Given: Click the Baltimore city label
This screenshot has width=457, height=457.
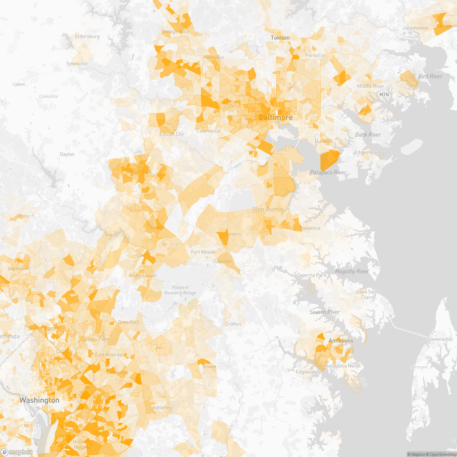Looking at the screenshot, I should (x=276, y=117).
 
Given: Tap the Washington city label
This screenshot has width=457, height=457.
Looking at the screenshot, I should (x=39, y=400).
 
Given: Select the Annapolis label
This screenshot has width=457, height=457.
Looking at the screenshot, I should (x=341, y=340).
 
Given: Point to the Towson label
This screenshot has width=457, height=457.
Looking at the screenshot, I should (x=280, y=38).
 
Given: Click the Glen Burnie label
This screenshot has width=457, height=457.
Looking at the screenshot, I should (x=268, y=209).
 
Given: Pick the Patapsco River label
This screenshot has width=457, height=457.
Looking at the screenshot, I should (x=328, y=173).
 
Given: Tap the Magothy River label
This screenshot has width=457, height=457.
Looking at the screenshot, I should (x=352, y=272).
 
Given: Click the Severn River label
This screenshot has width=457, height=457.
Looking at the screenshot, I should (x=324, y=312).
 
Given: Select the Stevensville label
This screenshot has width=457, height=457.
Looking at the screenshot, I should (x=440, y=339).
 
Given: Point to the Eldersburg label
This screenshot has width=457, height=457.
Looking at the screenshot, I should (x=87, y=37).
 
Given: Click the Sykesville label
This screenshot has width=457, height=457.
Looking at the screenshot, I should (x=77, y=64).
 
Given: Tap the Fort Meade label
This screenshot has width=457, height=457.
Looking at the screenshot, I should (x=203, y=252).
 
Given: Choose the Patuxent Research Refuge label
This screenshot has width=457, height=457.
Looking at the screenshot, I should (x=180, y=290).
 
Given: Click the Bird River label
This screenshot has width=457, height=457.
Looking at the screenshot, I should (x=430, y=77).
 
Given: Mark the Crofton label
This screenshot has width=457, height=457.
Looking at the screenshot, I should (x=233, y=324).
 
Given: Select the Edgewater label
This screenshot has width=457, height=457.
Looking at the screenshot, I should (x=307, y=372).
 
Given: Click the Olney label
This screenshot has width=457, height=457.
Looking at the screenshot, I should (x=22, y=216).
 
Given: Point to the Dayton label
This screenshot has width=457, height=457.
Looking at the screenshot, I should (x=67, y=154).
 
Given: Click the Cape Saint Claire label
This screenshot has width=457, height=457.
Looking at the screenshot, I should (x=368, y=294).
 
